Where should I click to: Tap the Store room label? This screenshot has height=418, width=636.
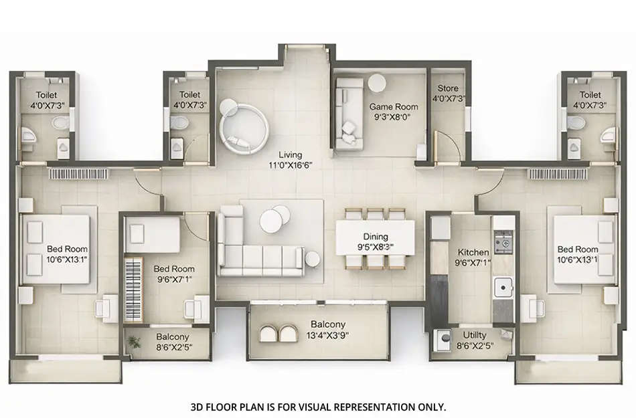tap(448, 88)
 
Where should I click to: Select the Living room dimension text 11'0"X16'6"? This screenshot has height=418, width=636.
tap(291, 164)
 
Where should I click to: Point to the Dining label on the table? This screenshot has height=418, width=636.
tap(375, 236)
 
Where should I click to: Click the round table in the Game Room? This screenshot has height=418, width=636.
tap(378, 83)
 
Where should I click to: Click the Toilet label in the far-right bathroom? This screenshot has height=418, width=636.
tap(590, 95)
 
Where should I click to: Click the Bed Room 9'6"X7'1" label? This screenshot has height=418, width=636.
tap(173, 274)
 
